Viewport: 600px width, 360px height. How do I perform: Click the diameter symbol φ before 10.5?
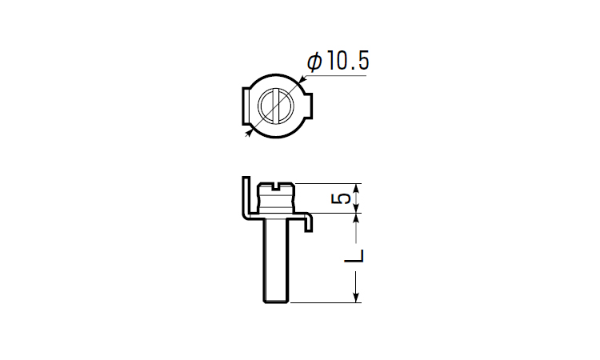click(314, 62)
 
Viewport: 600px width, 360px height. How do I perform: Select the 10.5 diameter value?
click(348, 62)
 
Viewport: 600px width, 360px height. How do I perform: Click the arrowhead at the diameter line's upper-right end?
click(302, 79)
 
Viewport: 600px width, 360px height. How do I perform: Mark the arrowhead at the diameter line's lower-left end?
click(249, 132)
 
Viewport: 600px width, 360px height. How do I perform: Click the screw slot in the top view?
click(276, 106)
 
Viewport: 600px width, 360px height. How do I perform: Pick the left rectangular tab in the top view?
click(246, 106)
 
